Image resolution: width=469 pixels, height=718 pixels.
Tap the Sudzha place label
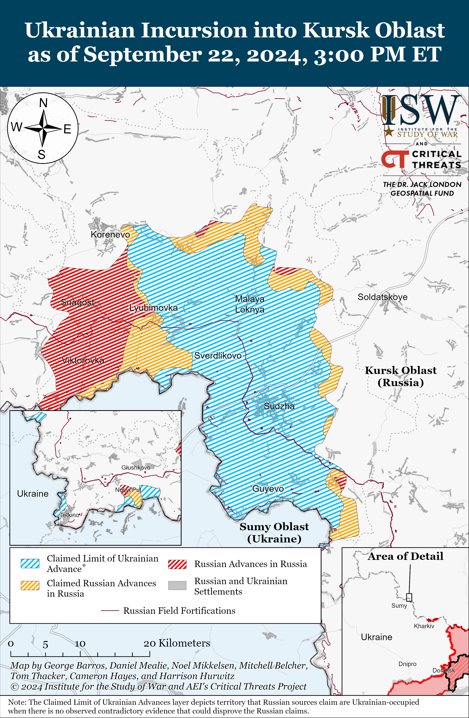[279, 406]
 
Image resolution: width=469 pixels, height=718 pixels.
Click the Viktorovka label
[83, 360]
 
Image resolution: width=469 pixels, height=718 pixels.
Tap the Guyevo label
[268, 489]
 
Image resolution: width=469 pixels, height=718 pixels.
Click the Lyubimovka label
[153, 308]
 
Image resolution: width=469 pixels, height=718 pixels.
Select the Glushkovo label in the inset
[136, 467]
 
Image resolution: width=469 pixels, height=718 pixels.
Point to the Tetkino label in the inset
[70, 515]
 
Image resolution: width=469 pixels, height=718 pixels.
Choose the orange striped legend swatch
[30, 585]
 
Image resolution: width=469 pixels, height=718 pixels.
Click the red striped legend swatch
[177, 564]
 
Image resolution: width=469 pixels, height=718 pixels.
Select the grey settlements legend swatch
[177, 585]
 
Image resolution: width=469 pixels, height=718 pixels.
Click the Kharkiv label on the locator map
[424, 626]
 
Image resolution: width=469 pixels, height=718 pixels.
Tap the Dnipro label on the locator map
[407, 664]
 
